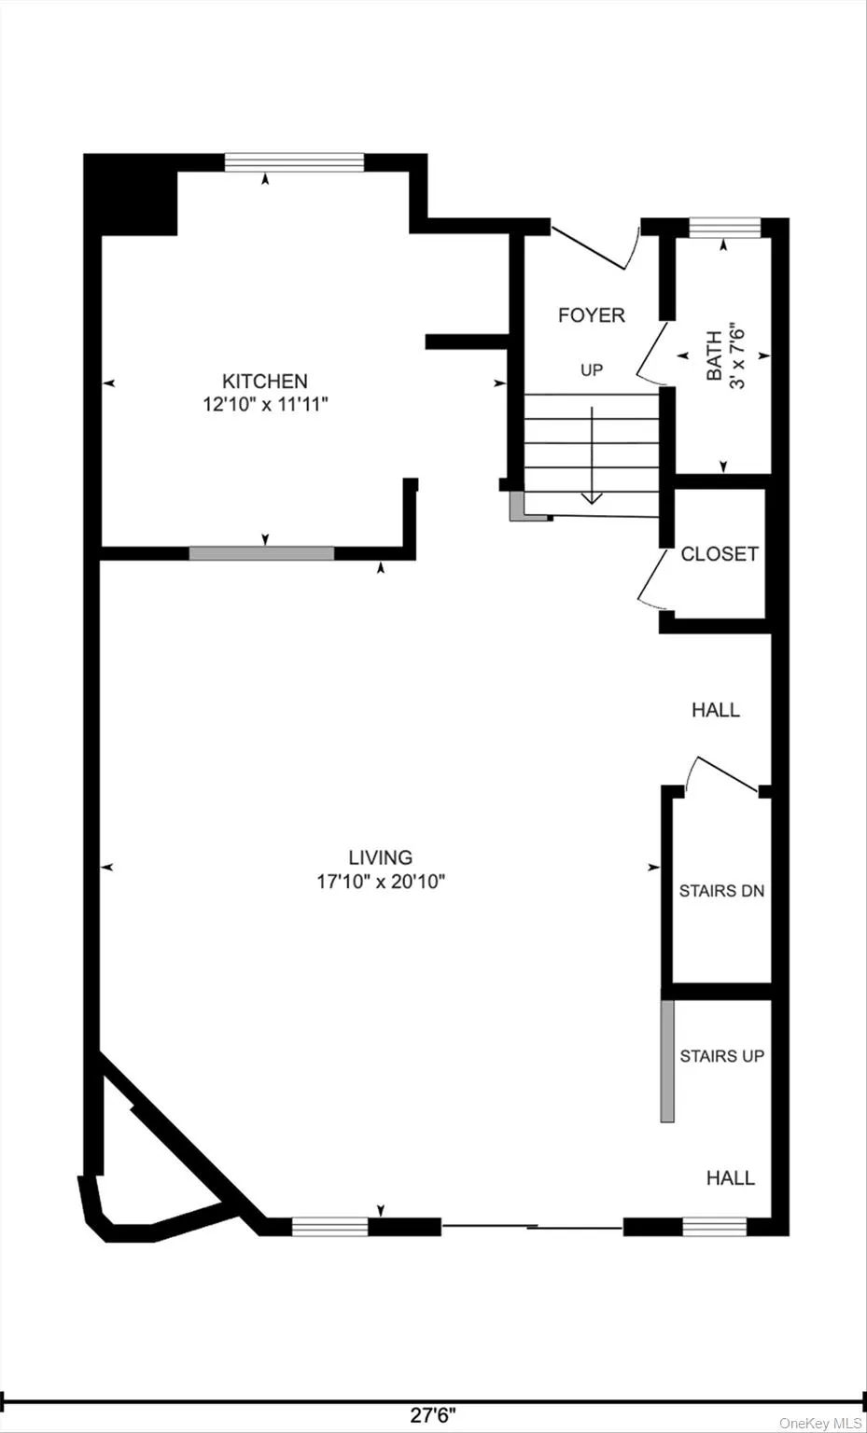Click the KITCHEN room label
(264, 381)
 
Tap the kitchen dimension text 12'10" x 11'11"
(265, 405)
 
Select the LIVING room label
(380, 857)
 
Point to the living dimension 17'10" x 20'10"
(381, 882)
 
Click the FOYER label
(591, 315)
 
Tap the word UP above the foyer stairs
(592, 370)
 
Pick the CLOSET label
(720, 554)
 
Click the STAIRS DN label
(721, 891)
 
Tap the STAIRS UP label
(721, 1056)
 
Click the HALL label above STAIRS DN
(716, 710)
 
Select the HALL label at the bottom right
(730, 1178)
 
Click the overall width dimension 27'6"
(433, 1415)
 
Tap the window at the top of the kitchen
(294, 162)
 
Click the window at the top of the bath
(724, 228)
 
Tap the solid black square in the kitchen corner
(131, 195)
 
